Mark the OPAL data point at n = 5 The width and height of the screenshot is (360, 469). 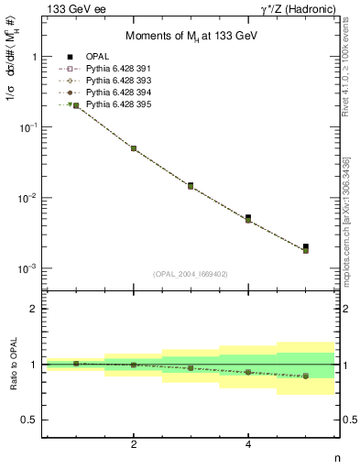[306, 246]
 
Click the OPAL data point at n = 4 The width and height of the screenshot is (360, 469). [248, 217]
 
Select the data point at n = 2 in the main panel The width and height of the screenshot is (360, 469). [134, 148]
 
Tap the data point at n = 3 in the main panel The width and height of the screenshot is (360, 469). [191, 186]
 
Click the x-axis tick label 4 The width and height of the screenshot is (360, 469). [248, 444]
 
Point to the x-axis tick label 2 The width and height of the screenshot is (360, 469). [134, 444]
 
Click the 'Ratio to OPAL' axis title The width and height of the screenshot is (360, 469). [12, 365]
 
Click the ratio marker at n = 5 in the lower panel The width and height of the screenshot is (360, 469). [306, 376]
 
